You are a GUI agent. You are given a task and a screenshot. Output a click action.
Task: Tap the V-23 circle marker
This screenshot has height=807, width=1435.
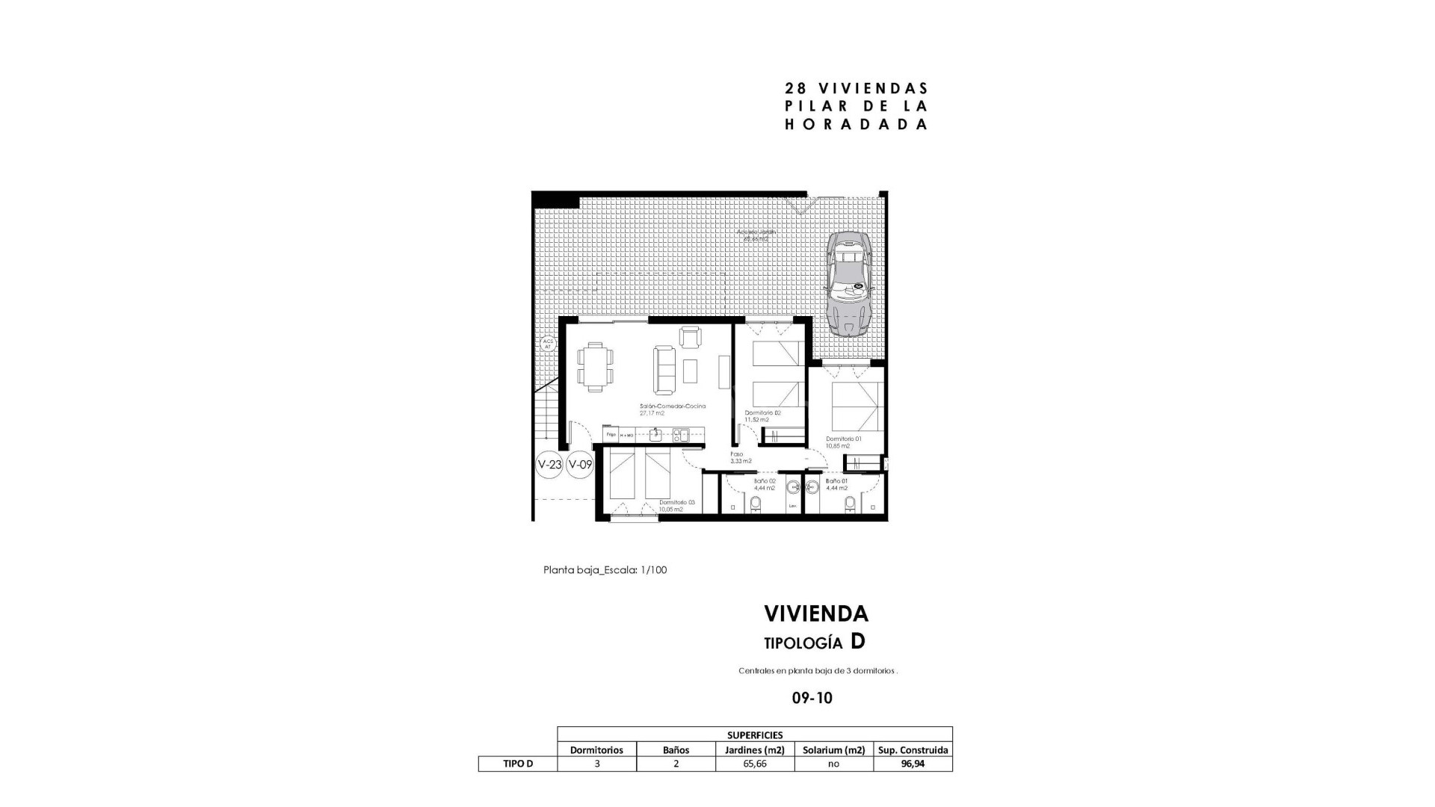[x=549, y=464]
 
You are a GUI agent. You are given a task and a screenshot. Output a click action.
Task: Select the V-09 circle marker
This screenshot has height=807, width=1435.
[x=580, y=464]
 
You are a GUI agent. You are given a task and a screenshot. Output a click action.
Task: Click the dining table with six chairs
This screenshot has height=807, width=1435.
[x=595, y=366]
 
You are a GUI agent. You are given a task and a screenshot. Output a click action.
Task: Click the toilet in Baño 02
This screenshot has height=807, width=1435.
[x=755, y=504]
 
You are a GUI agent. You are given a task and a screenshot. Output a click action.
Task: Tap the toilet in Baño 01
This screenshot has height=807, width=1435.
[x=849, y=504]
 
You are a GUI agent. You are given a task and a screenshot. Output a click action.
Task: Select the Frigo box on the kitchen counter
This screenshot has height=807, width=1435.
[x=611, y=434]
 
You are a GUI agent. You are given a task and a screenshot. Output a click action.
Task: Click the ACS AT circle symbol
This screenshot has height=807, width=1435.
[x=547, y=344]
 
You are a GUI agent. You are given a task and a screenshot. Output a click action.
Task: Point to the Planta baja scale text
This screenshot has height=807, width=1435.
[x=605, y=570]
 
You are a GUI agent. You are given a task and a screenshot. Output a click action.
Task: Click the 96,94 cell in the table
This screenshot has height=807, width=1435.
[x=913, y=764]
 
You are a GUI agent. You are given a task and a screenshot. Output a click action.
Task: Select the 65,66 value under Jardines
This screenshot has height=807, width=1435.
[x=754, y=764]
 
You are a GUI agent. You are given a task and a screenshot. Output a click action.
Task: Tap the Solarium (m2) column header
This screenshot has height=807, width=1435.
[x=833, y=749]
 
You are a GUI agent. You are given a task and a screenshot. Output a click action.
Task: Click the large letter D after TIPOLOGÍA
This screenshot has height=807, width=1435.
[x=858, y=642]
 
